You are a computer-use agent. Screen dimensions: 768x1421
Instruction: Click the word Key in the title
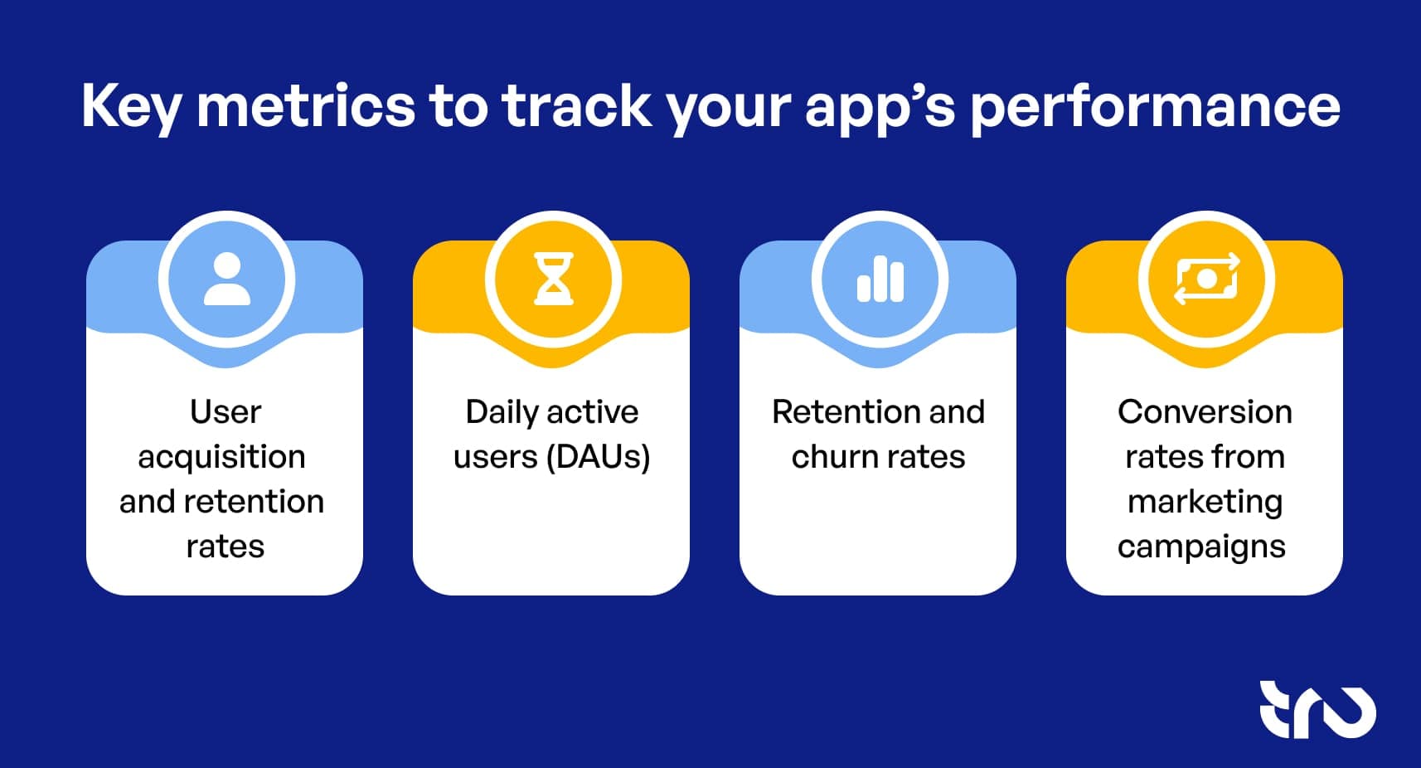(131, 106)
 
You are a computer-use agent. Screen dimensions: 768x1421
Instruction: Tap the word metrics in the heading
(305, 106)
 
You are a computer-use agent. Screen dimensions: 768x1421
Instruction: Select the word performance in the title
(1154, 106)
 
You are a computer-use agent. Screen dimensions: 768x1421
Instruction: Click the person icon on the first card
(226, 279)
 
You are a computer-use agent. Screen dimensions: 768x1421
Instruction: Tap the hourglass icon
(553, 279)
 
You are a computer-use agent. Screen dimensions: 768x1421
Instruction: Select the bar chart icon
(880, 279)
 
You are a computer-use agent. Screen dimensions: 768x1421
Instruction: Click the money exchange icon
(1206, 279)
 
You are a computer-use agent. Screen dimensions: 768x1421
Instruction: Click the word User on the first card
(225, 411)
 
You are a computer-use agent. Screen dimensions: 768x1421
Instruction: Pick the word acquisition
(221, 457)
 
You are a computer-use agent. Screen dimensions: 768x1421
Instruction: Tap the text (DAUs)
(599, 457)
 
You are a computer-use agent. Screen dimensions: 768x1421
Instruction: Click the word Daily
(502, 412)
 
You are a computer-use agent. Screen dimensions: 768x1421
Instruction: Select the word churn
(830, 457)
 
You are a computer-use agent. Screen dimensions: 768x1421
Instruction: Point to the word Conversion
(1205, 411)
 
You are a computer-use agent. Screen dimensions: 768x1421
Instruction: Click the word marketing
(1205, 503)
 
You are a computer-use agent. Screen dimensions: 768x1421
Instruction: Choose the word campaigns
(1201, 547)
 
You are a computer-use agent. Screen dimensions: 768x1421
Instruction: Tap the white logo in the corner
(1317, 710)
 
